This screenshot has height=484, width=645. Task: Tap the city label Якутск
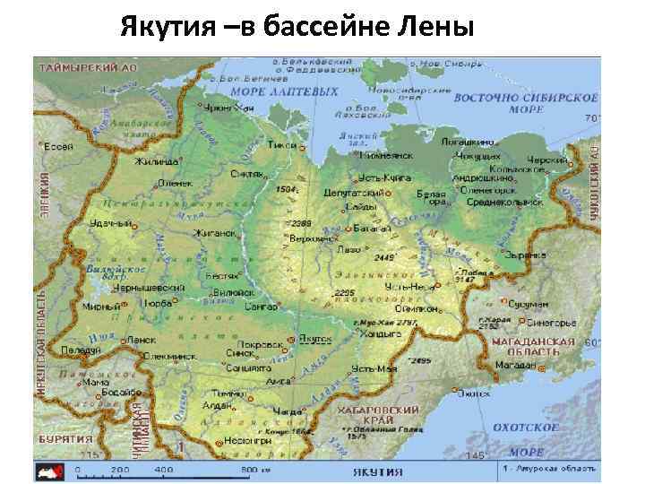click(x=315, y=340)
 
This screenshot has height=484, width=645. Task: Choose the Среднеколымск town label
click(x=509, y=203)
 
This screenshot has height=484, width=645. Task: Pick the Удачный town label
click(x=109, y=223)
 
